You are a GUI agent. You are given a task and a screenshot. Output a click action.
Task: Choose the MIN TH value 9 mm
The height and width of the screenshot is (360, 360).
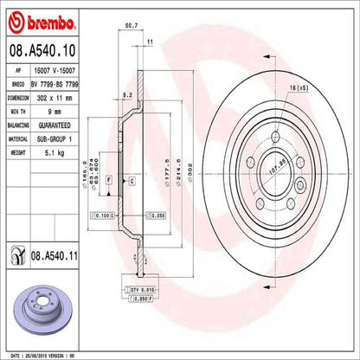[x=54, y=112]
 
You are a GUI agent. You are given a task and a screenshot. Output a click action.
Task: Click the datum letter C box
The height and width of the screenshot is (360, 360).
[x=131, y=180]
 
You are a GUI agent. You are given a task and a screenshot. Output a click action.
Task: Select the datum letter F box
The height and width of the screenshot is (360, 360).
[x=109, y=180]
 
